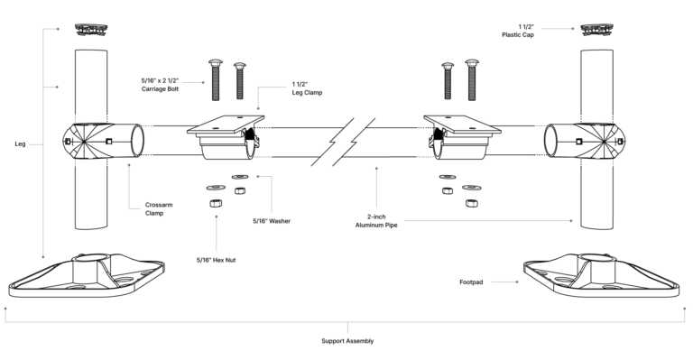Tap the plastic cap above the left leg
point(92,28)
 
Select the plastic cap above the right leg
point(599,28)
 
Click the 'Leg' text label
point(21,143)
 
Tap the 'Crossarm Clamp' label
point(159,209)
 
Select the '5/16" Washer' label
point(271,219)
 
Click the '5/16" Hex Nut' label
point(216,260)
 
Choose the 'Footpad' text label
point(472,282)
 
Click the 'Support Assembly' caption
point(347,341)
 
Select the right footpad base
point(600,274)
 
